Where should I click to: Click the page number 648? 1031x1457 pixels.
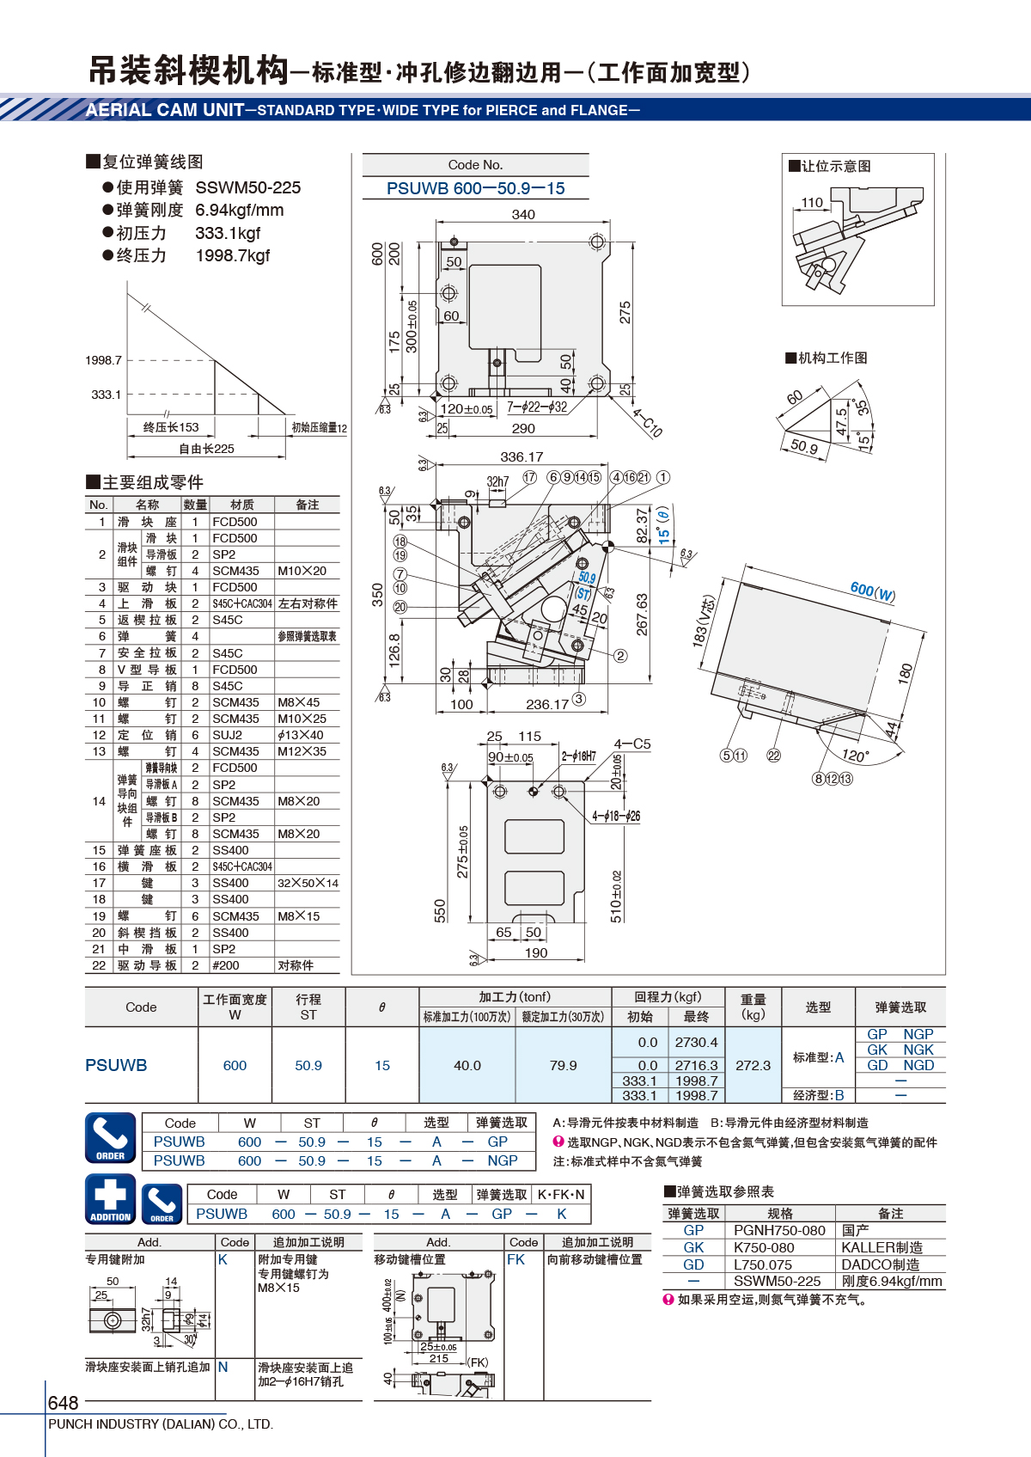pos(63,1402)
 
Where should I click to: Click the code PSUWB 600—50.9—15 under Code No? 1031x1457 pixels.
pos(475,188)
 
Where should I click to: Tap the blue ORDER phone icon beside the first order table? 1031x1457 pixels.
pos(111,1137)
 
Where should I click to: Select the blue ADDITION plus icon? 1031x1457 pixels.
pos(111,1199)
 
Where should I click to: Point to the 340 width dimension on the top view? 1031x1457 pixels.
pos(523,215)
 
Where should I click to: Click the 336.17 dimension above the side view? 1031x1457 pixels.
pos(522,457)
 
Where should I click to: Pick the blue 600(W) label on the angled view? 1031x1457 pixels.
pos(872,591)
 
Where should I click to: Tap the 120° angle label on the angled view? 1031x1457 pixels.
pos(855,756)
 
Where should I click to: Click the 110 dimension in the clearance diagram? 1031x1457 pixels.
pos(812,202)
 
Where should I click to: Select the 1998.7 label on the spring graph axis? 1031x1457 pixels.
pos(103,360)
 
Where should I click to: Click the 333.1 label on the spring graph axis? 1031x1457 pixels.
pos(106,395)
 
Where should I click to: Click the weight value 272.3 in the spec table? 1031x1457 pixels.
pos(753,1065)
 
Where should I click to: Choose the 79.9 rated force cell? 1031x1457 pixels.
pos(563,1065)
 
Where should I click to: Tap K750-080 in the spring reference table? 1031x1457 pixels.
pos(764,1247)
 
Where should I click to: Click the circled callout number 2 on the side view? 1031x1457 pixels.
pos(620,656)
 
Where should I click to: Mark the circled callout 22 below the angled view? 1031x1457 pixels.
pos(773,756)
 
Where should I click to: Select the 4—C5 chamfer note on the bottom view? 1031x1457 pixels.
pos(631,744)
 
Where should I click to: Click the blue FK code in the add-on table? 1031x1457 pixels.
pos(515,1260)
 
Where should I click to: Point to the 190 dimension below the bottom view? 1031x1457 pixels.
pos(535,953)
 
